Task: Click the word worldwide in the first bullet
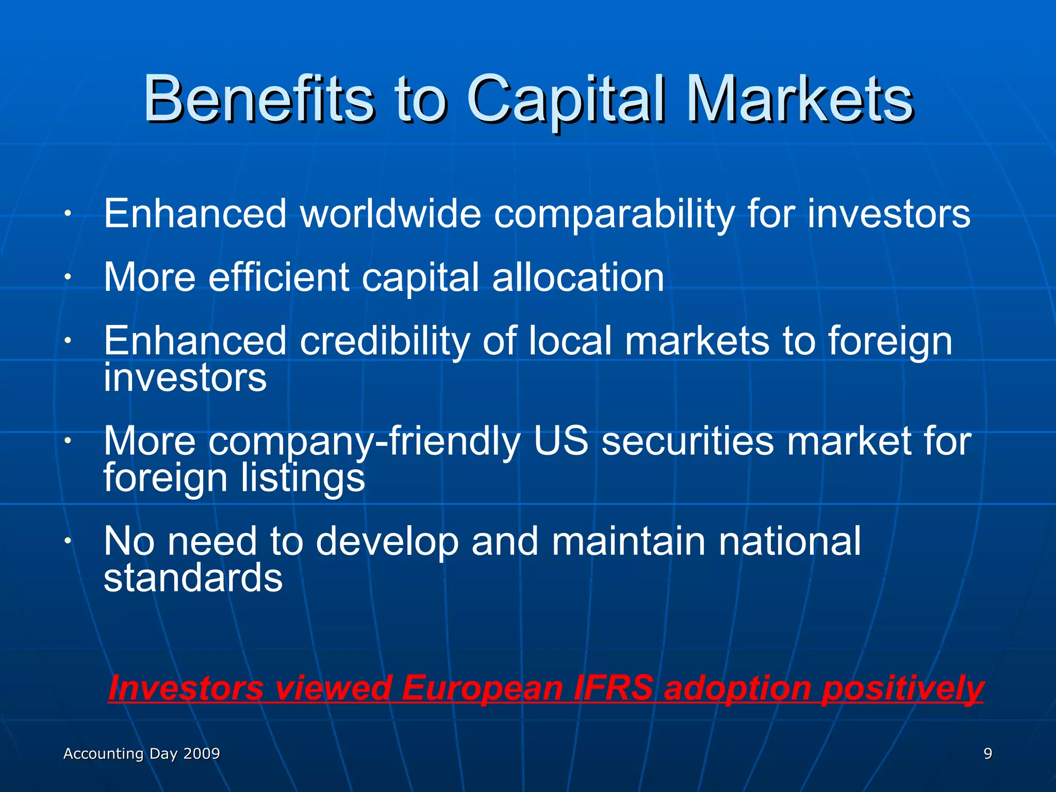(391, 213)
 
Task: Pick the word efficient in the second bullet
(279, 277)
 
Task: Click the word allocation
(578, 277)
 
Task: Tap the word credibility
(385, 342)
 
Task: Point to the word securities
(688, 442)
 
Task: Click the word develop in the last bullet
(387, 542)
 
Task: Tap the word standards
(193, 577)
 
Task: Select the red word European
(482, 688)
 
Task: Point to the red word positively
(902, 689)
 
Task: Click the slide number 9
(987, 754)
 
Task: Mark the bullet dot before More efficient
(67, 277)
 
